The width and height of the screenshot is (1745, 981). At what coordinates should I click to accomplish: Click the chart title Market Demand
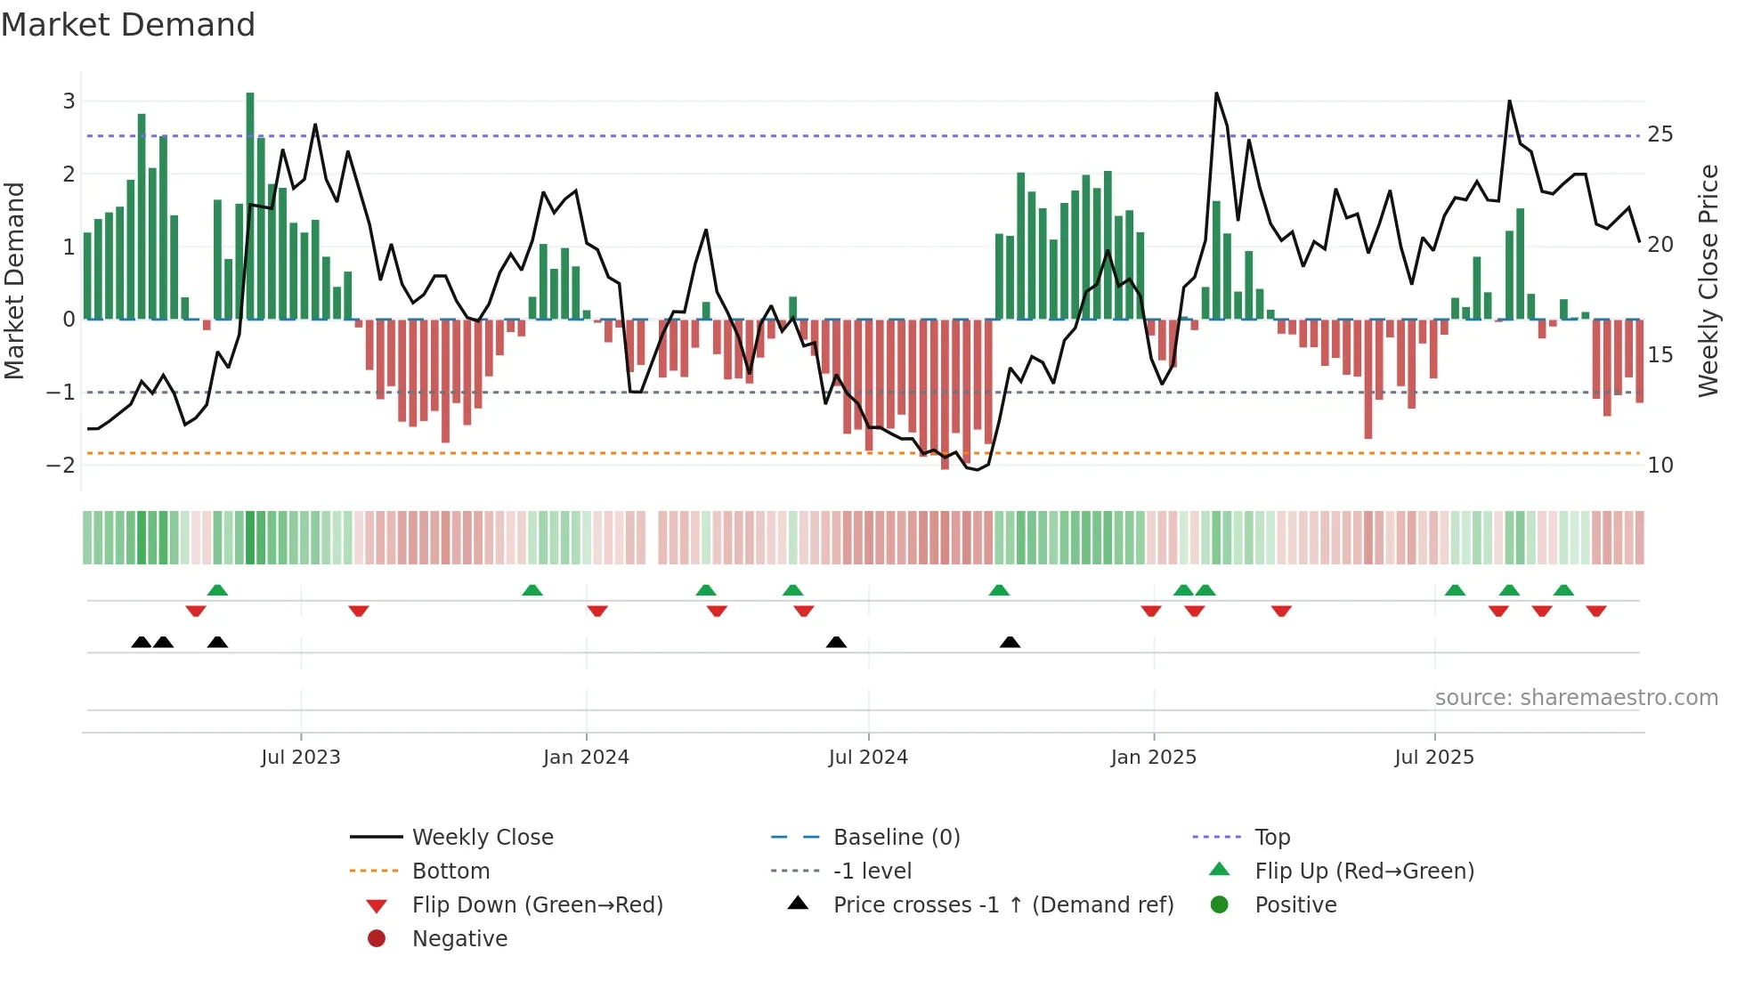[128, 25]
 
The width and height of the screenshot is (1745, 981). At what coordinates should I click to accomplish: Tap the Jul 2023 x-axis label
[300, 758]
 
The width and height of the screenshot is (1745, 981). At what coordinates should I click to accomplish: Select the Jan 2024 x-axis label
[586, 758]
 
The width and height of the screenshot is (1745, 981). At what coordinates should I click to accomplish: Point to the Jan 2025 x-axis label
[1153, 758]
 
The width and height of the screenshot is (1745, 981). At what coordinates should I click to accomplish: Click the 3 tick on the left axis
[69, 101]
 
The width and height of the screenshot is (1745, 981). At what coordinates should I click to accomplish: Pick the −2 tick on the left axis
[61, 466]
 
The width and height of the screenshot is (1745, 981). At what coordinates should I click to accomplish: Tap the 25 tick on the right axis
[1660, 134]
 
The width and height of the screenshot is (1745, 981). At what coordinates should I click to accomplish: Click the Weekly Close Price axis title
[1708, 280]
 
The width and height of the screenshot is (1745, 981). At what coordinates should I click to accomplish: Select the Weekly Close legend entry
[482, 838]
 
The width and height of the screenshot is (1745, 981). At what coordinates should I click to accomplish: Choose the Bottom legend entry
[450, 872]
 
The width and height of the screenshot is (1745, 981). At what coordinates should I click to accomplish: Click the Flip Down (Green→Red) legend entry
[537, 905]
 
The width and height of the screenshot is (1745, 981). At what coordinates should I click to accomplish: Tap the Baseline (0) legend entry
[896, 838]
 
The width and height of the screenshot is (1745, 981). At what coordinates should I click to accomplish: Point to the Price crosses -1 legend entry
[1002, 905]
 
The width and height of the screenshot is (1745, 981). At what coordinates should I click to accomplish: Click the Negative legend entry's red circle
[377, 939]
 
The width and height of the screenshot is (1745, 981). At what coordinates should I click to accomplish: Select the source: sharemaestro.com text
[1576, 698]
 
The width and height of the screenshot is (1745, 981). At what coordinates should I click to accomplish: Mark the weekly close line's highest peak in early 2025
[1216, 93]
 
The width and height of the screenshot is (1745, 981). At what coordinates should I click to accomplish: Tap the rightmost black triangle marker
[1010, 643]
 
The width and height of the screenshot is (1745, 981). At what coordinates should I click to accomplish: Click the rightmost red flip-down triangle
[1595, 611]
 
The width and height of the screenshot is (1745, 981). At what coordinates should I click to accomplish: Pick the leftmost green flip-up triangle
[217, 590]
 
